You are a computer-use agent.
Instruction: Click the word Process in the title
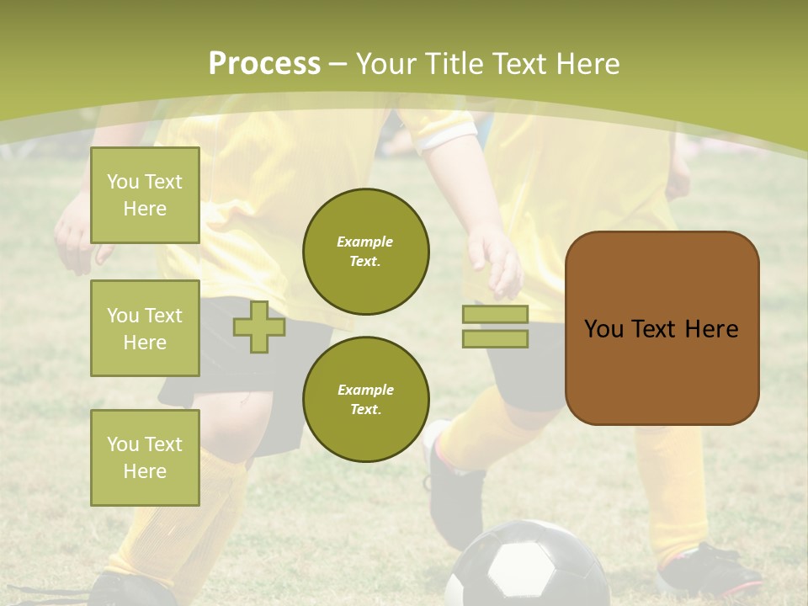(x=264, y=63)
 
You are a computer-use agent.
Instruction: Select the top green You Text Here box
(x=145, y=195)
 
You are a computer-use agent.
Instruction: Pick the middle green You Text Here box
(x=145, y=328)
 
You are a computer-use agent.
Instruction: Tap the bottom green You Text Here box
(x=145, y=457)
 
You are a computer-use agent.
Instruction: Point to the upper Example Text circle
(x=365, y=251)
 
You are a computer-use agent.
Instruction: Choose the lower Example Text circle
(x=365, y=399)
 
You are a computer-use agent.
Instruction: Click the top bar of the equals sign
(x=495, y=314)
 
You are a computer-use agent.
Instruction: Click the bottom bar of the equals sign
(x=495, y=338)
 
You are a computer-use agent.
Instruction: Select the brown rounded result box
(x=662, y=328)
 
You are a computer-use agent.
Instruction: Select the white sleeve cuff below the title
(x=446, y=135)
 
